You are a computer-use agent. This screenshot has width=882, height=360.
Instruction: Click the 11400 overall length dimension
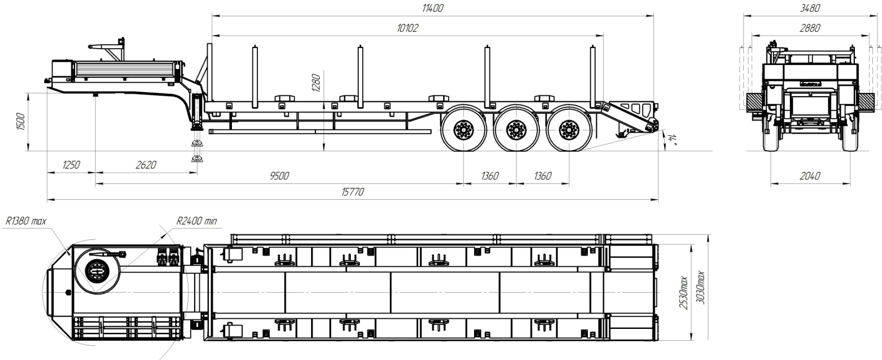tap(432, 8)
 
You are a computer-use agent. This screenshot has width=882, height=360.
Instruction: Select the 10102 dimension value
tap(407, 28)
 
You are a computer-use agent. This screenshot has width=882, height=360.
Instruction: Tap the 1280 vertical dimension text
tap(316, 83)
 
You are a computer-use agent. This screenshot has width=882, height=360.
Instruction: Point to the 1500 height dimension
tap(20, 121)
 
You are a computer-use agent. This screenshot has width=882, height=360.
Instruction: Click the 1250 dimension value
tap(71, 165)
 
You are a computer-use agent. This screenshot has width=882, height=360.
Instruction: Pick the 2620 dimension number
tap(146, 165)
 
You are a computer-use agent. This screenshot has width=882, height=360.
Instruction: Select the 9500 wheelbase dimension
tap(279, 175)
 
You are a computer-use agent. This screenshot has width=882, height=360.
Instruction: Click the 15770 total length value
tap(352, 192)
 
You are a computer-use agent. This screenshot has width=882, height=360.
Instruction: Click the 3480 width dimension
tap(810, 8)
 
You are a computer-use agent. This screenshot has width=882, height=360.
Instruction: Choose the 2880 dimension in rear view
tap(810, 28)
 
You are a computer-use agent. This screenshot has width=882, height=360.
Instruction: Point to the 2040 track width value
tap(810, 175)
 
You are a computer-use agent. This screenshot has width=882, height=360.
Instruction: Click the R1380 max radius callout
tap(25, 221)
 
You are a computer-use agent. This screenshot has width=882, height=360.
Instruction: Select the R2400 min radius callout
tap(196, 221)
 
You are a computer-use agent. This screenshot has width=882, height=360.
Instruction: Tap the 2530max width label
tap(683, 293)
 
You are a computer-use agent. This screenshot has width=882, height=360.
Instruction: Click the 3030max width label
tap(701, 287)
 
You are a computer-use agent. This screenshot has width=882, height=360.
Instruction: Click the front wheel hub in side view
tap(463, 129)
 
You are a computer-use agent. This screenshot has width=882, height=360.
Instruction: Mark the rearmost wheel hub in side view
tap(569, 129)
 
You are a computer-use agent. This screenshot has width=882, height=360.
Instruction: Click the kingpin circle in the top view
tap(96, 271)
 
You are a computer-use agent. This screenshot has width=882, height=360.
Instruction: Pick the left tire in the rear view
tap(771, 136)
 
